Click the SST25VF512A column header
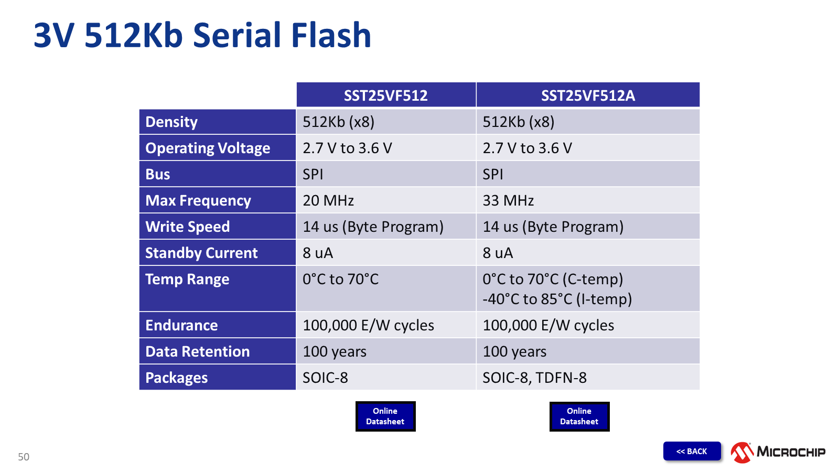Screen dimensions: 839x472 (x=588, y=95)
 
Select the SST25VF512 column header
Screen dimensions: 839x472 (x=386, y=95)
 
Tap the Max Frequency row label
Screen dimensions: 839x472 (x=198, y=201)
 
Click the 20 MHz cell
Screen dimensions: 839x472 (x=328, y=201)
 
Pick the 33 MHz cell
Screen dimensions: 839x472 (x=508, y=201)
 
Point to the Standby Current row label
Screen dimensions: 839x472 (x=201, y=253)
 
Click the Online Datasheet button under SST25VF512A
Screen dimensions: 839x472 (x=579, y=416)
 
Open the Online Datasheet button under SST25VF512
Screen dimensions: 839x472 (x=385, y=416)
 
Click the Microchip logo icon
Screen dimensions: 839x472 (x=742, y=452)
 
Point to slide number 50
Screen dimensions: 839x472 (x=24, y=457)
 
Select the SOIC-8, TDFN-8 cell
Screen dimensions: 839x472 (x=534, y=378)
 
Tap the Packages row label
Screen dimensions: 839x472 (x=176, y=378)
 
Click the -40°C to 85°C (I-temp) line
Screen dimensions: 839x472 (x=557, y=299)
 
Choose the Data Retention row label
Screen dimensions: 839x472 (x=197, y=351)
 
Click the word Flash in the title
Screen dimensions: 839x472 (x=331, y=35)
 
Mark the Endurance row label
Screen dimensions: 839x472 (x=181, y=325)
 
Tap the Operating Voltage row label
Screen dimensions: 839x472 (x=208, y=148)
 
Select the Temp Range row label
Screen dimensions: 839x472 (x=187, y=280)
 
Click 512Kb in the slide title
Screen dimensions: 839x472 (x=134, y=35)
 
